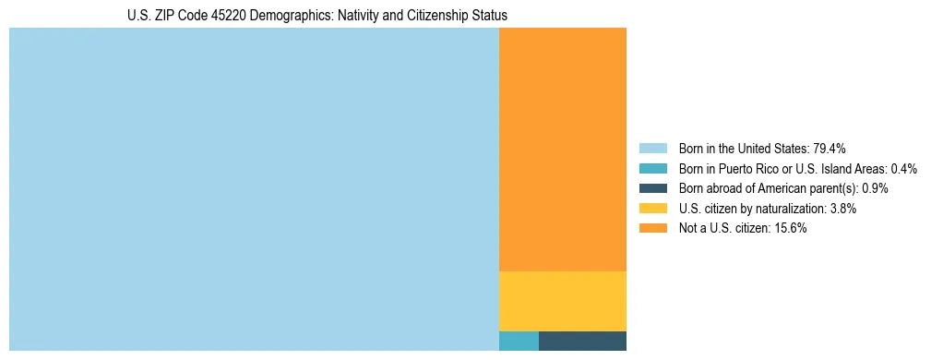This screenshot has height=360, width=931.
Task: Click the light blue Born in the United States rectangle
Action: point(254,189)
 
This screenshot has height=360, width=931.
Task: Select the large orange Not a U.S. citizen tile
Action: point(562,150)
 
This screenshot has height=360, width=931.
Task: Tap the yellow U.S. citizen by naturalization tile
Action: point(562,301)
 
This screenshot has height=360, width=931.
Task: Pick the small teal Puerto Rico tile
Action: point(519,341)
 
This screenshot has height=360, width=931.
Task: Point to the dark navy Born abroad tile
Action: point(582,341)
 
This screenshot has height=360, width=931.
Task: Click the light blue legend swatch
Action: point(652,149)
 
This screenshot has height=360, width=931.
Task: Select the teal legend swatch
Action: point(652,169)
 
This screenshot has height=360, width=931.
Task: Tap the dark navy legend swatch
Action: point(652,188)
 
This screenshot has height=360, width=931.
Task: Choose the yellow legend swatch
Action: point(652,209)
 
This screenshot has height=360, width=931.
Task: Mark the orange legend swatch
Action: point(652,228)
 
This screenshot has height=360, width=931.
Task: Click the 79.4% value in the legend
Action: point(830,149)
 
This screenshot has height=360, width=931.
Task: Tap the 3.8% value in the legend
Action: point(841,209)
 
